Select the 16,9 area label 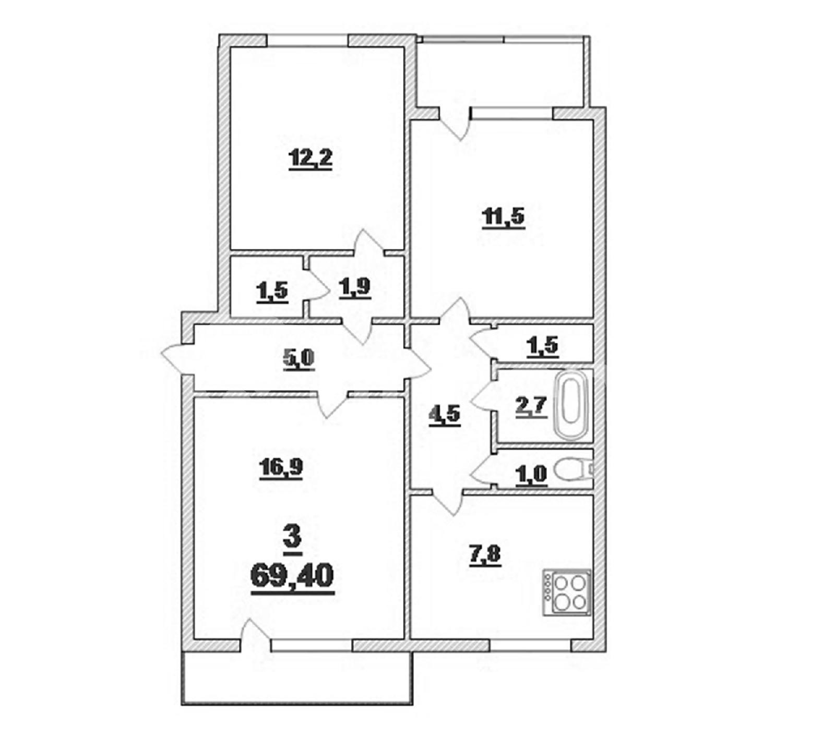click(x=281, y=468)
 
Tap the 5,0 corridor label click(x=299, y=359)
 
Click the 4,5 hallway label click(x=445, y=415)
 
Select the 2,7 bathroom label click(x=531, y=406)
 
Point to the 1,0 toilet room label click(x=531, y=475)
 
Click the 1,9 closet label click(x=354, y=287)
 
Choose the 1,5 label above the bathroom click(x=542, y=346)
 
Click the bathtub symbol click(x=573, y=405)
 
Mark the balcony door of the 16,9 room click(x=256, y=635)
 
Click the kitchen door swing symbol click(x=448, y=502)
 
